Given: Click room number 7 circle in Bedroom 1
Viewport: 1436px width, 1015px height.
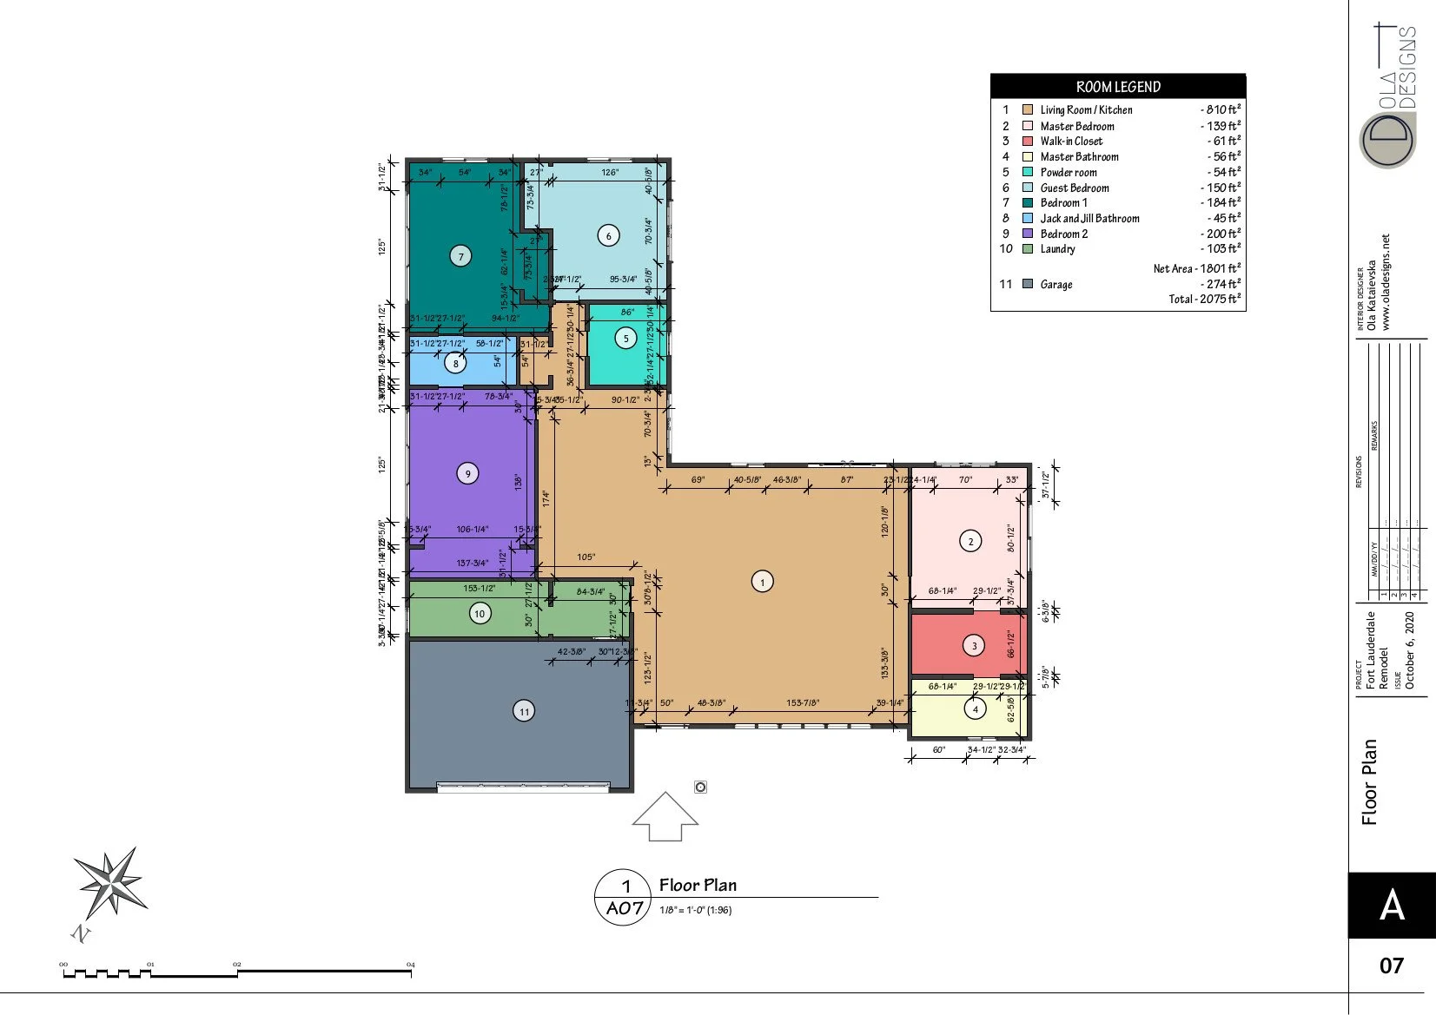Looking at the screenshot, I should [x=460, y=256].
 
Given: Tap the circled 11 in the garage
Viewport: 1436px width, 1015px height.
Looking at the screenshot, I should [x=524, y=712].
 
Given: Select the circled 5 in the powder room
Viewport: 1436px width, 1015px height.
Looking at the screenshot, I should [x=626, y=339].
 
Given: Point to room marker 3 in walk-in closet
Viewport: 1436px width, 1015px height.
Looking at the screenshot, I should [x=974, y=645].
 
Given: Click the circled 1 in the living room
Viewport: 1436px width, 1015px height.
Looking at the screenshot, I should [x=762, y=582].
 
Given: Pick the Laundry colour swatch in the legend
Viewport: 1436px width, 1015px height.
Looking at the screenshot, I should [x=1028, y=249].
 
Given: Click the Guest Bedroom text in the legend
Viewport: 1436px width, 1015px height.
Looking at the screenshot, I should [x=1075, y=188].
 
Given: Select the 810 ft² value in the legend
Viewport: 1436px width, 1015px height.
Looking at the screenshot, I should [x=1221, y=110].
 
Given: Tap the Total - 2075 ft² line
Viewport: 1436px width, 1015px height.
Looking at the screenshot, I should [x=1204, y=299].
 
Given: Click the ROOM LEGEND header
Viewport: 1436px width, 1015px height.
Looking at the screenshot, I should [x=1118, y=87].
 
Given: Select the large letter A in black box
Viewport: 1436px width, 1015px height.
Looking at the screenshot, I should [x=1392, y=906].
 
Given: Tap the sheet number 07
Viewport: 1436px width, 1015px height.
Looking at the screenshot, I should [x=1392, y=966].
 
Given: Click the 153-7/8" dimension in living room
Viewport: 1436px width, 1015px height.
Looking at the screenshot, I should [x=803, y=703].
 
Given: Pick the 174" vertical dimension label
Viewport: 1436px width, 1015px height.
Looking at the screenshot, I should [x=546, y=498].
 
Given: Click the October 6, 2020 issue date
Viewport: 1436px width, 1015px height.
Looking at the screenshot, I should [x=1410, y=650].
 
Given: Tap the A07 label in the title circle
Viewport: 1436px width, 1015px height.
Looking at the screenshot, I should [x=625, y=908].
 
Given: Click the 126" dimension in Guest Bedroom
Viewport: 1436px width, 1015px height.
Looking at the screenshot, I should [x=610, y=173].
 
